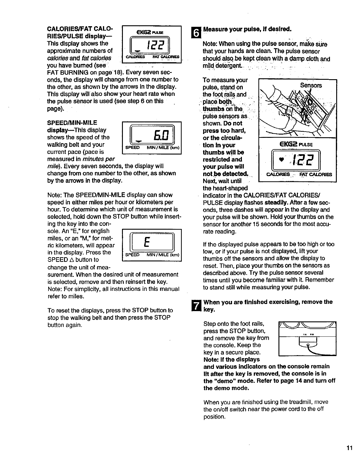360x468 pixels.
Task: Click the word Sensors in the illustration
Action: pos(311,85)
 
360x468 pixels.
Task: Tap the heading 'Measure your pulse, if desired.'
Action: pos(247,29)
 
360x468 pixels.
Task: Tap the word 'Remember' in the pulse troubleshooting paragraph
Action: pos(320,280)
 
